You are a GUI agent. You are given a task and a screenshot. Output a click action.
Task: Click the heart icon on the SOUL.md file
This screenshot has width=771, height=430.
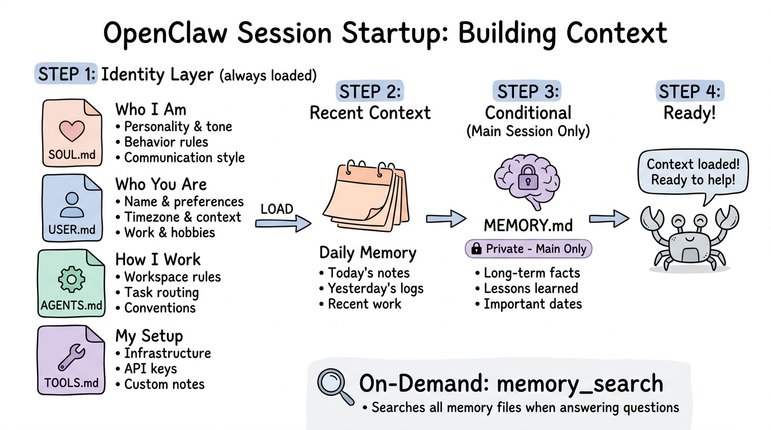click(x=72, y=130)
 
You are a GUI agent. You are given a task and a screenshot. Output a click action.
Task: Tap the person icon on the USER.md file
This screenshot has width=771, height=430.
click(x=72, y=204)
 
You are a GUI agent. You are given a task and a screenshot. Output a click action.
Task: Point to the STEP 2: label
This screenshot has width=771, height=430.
click(x=370, y=91)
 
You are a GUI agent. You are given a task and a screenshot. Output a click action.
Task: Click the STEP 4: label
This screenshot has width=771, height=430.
click(x=689, y=91)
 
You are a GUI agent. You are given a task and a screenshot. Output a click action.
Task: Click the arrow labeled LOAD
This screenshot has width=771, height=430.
click(x=283, y=223)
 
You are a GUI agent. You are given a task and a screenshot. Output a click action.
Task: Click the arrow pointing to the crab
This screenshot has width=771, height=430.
click(x=610, y=218)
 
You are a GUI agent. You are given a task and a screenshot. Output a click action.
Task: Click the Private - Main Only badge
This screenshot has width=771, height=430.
click(x=528, y=249)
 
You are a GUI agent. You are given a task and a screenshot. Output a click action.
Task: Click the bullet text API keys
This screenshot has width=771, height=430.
click(x=150, y=368)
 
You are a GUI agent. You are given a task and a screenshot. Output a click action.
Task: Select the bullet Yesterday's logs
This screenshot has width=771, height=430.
click(x=375, y=288)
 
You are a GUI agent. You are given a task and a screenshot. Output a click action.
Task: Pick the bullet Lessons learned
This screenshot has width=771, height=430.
click(x=530, y=288)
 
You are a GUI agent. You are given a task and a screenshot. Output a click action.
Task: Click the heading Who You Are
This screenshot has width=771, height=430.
click(x=161, y=184)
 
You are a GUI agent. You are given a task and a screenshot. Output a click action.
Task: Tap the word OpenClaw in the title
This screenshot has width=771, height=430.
click(x=165, y=34)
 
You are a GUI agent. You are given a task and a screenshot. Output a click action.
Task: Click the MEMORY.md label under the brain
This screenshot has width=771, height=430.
click(x=528, y=226)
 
